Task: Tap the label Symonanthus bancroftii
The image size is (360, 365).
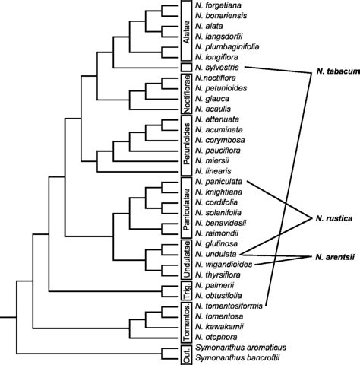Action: (x=238, y=357)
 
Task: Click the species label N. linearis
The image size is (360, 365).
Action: (x=214, y=173)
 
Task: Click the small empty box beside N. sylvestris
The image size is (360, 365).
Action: (x=185, y=68)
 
